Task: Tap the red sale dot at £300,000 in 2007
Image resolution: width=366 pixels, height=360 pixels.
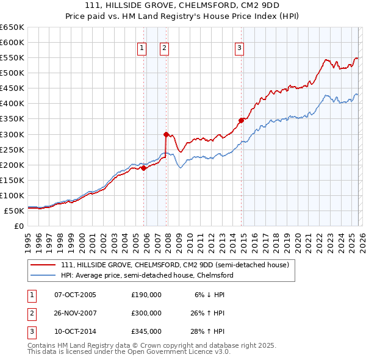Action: [166, 134]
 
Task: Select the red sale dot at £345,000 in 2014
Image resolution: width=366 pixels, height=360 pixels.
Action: [241, 120]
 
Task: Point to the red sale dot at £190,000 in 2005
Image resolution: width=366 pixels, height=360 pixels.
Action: [143, 168]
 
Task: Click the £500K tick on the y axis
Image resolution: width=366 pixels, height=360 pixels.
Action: [12, 73]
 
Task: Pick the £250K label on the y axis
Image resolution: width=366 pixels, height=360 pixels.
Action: [12, 149]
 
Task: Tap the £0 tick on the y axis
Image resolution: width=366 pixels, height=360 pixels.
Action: [19, 226]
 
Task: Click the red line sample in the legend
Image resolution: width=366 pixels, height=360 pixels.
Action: [45, 265]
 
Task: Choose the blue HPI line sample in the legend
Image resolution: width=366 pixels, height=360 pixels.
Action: [45, 275]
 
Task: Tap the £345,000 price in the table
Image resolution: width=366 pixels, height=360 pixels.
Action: [146, 331]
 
